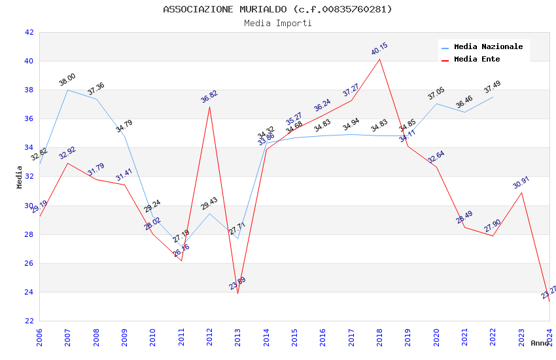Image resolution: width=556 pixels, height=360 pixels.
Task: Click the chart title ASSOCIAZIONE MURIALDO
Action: [x=277, y=9]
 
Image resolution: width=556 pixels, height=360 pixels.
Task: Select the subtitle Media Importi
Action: [x=277, y=24]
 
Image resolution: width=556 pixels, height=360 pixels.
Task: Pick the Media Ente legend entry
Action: [x=476, y=59]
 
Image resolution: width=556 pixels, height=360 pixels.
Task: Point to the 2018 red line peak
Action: [x=379, y=59]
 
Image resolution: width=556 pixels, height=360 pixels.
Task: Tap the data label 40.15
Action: [x=379, y=49]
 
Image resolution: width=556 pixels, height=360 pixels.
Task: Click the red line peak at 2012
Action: [x=209, y=107]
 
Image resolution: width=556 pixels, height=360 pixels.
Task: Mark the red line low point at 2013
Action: [x=237, y=293]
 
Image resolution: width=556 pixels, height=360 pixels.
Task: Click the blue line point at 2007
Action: [x=67, y=90]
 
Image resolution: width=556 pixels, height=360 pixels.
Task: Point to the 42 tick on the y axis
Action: [x=29, y=32]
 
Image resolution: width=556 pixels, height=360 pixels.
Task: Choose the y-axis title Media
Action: [x=20, y=177]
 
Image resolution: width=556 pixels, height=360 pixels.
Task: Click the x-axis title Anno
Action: [x=540, y=343]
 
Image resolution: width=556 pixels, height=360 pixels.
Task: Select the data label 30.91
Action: [x=521, y=183]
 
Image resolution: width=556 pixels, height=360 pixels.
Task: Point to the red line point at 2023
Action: [x=521, y=192]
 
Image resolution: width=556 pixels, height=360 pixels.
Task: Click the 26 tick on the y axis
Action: [x=29, y=263]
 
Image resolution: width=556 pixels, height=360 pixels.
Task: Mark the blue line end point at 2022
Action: [x=493, y=97]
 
